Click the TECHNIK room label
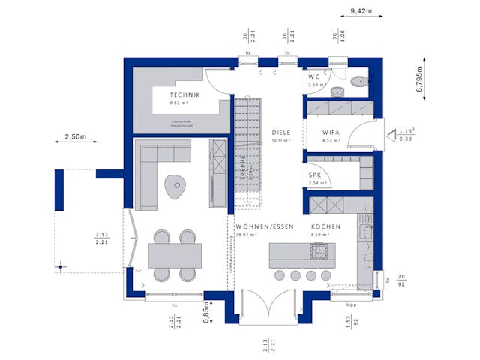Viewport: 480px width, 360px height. click(184, 94)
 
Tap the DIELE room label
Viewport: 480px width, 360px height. click(281, 132)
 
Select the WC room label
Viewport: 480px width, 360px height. click(313, 77)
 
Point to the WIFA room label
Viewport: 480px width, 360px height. click(331, 132)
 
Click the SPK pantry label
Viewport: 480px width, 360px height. click(315, 175)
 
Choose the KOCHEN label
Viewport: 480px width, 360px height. click(327, 226)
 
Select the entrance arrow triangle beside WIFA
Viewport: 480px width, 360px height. click(391, 136)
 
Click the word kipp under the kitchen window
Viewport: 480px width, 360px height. click(351, 305)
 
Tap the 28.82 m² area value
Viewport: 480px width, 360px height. click(246, 235)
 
